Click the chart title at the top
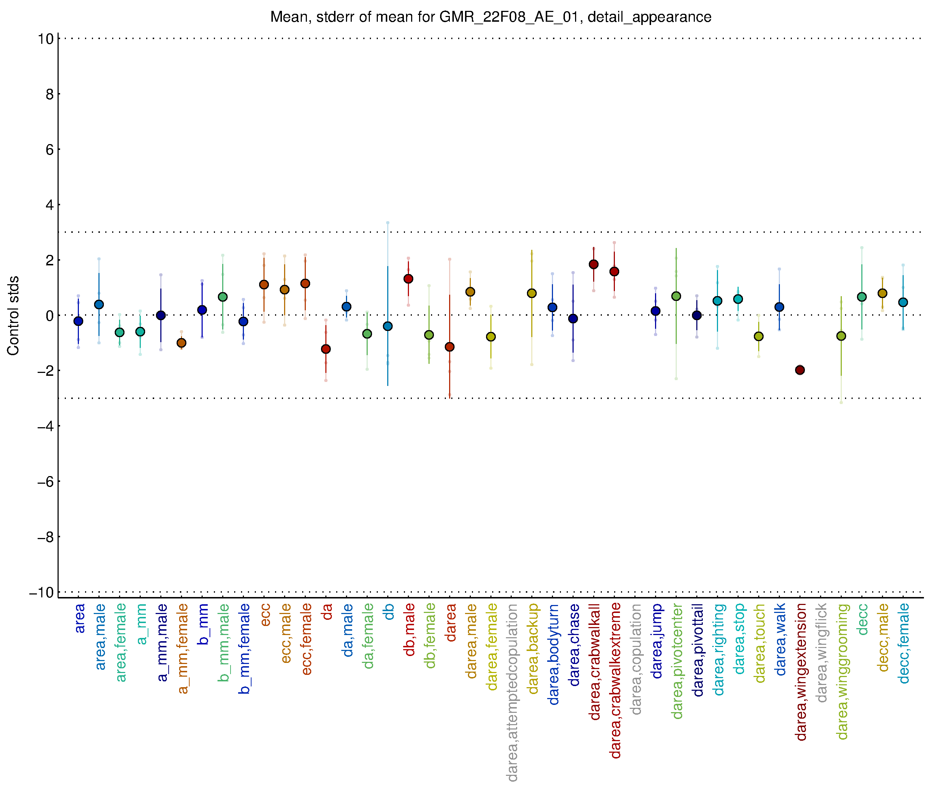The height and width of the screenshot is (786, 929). click(490, 17)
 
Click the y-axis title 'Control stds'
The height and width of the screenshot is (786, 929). click(13, 315)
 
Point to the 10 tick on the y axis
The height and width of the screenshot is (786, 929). click(46, 39)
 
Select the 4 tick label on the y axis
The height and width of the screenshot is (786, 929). click(50, 205)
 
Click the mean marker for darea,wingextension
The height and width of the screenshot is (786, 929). click(800, 370)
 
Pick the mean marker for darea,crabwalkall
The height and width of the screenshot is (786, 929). click(594, 264)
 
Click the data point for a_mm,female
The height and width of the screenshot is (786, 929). click(181, 342)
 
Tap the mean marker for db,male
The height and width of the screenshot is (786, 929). click(408, 279)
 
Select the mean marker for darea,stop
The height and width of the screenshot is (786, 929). click(738, 299)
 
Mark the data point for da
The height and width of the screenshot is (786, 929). click(326, 349)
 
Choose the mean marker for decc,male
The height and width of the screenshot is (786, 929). click(882, 293)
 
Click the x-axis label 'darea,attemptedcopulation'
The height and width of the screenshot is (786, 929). click(512, 693)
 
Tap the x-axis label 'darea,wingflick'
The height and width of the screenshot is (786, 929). click(821, 653)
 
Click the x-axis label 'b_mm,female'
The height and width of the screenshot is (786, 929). click(244, 649)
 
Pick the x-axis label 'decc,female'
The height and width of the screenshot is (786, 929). click(903, 643)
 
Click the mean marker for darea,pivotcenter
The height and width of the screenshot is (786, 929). click(676, 296)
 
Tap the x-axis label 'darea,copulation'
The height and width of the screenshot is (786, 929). click(636, 659)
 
